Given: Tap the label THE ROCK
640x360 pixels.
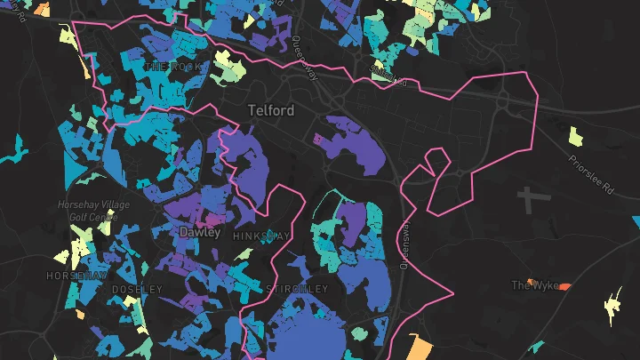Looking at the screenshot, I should [168, 68].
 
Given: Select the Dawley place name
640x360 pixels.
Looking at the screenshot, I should [199, 231].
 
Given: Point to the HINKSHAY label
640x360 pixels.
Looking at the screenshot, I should [260, 236].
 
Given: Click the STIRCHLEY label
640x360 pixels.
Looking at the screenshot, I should [297, 289].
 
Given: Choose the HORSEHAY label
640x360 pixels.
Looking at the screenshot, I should [76, 276].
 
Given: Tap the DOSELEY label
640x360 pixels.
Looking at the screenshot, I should [138, 290].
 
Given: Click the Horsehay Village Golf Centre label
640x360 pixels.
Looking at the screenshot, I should [93, 211].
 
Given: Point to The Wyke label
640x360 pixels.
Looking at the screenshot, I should [535, 285].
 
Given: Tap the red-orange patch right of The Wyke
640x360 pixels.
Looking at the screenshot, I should [564, 286].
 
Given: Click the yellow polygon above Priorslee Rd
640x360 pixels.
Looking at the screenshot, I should [576, 136].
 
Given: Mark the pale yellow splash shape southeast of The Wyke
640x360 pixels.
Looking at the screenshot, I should [613, 306].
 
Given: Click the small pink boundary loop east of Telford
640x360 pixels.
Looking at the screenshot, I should [436, 164].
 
